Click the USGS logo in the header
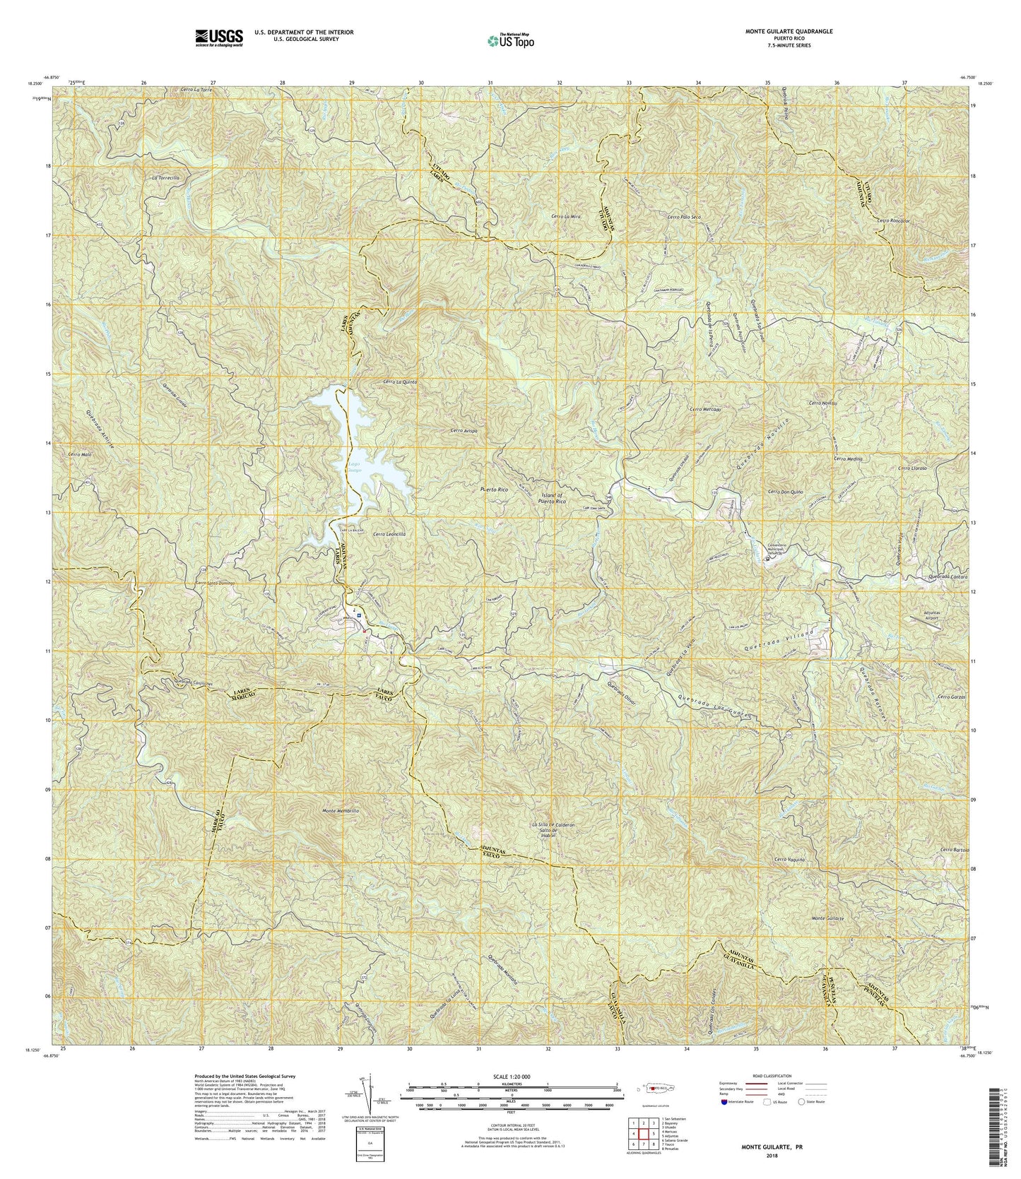pos(218,37)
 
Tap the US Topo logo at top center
pos(511,40)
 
